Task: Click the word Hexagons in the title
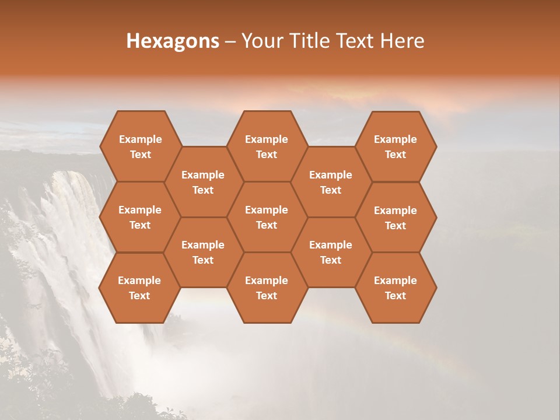coord(173,41)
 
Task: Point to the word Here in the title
coord(402,41)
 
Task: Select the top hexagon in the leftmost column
coord(140,146)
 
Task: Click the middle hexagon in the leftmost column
coord(140,217)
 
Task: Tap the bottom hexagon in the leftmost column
coord(139,288)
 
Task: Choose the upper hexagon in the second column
coord(203,182)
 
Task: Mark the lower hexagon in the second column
coord(203,252)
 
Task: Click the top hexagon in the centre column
coord(267,146)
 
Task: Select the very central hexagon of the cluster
coord(267,217)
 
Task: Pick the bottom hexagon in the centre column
coord(267,288)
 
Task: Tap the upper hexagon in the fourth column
coord(331,182)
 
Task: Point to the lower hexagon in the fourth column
coord(331,252)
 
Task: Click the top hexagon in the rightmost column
coord(395,146)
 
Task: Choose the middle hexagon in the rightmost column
coord(395,218)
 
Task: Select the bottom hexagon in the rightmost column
coord(395,288)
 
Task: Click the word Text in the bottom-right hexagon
coord(395,296)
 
